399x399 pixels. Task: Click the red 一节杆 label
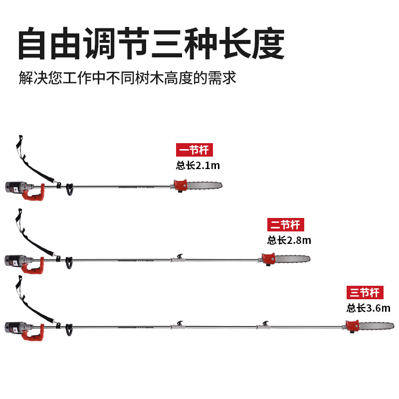pyautogui.click(x=195, y=150)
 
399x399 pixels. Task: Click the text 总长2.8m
pyautogui.click(x=289, y=240)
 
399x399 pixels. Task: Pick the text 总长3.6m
pyautogui.click(x=369, y=308)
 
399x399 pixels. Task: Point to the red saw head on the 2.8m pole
pyautogui.click(x=268, y=259)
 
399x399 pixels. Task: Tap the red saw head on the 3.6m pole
pyautogui.click(x=352, y=326)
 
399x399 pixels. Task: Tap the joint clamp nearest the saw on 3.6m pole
pyautogui.click(x=264, y=325)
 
